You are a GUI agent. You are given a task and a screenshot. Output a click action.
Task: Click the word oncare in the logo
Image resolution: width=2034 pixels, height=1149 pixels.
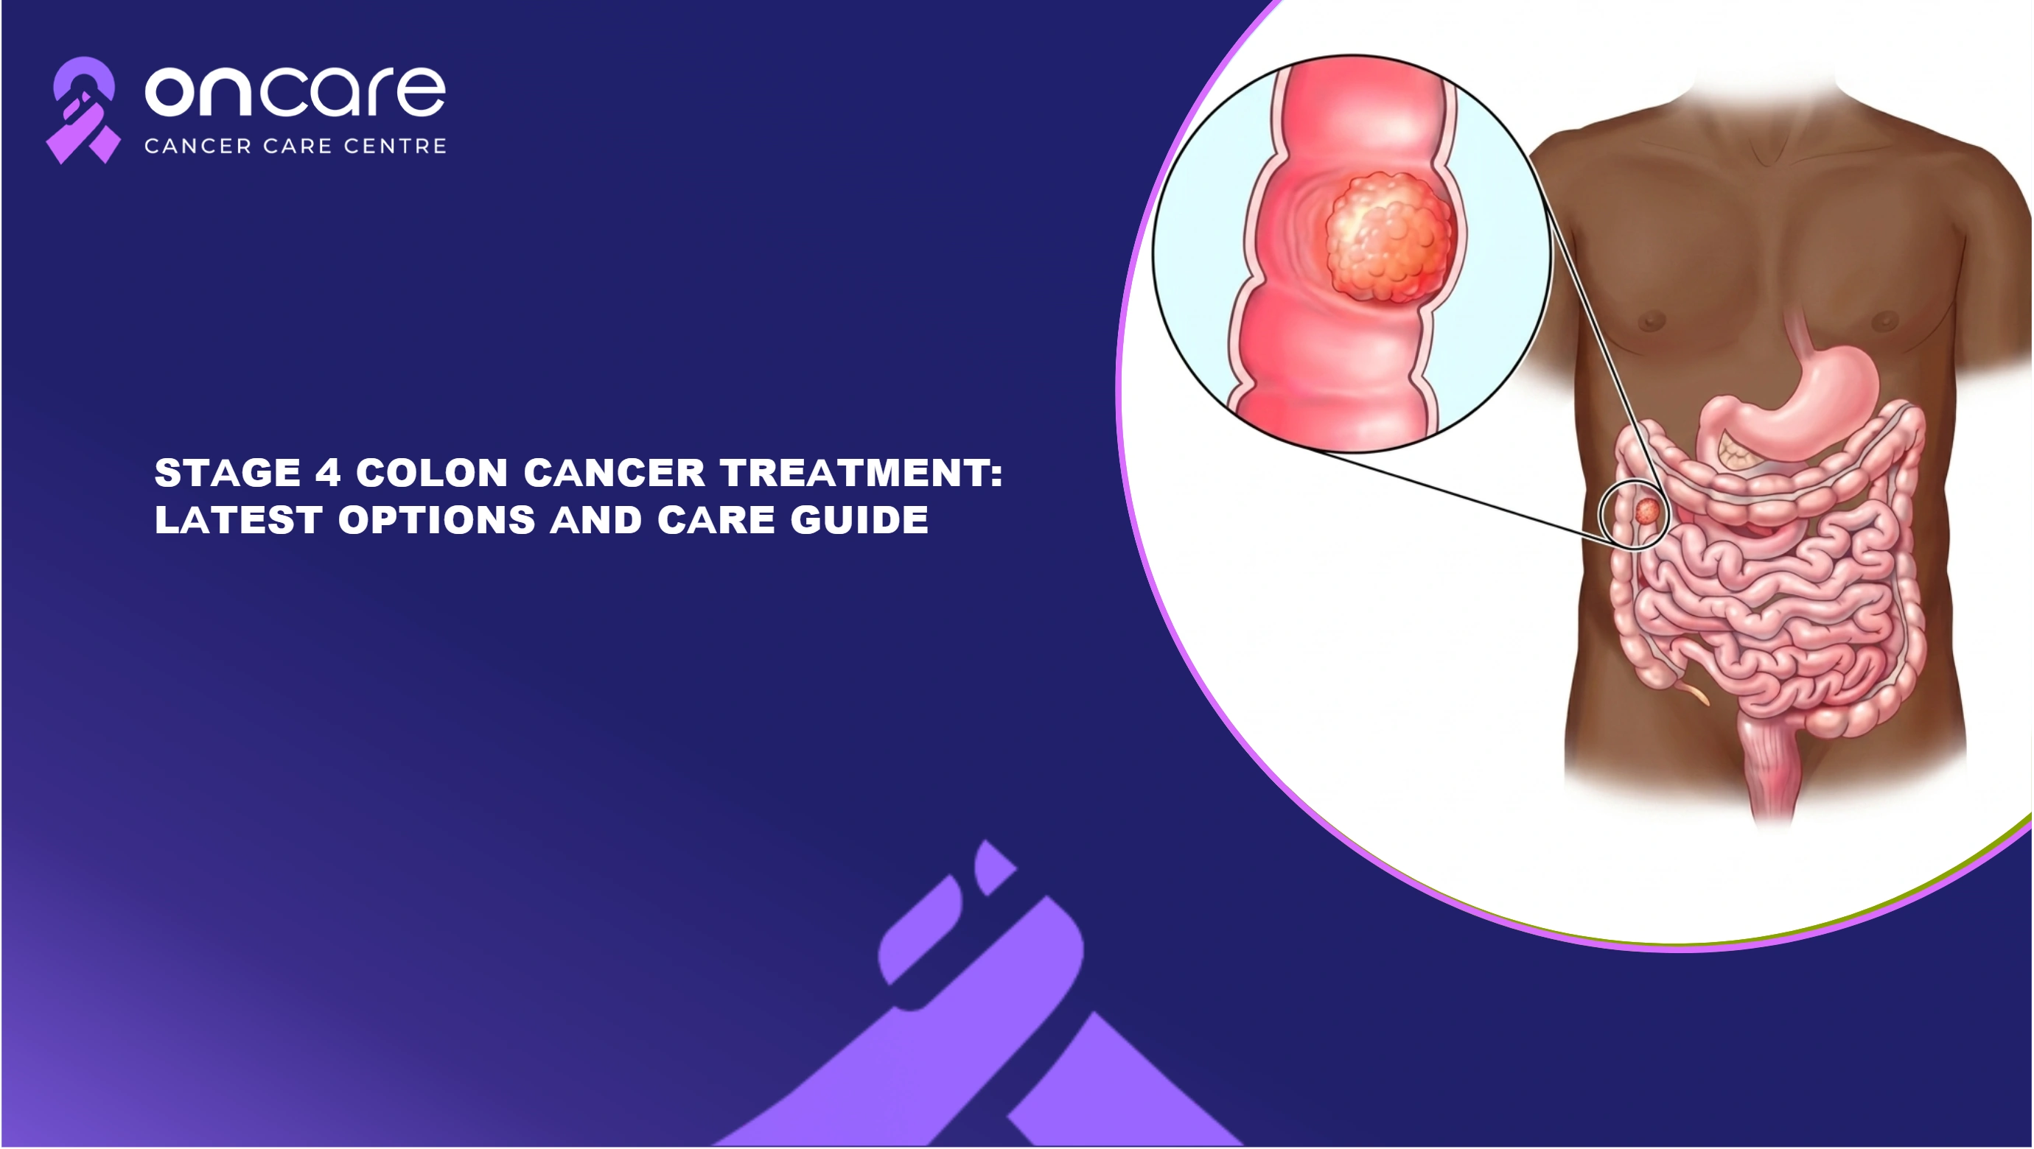click(x=296, y=91)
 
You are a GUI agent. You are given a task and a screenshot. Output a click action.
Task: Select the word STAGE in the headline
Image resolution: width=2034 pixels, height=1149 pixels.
click(x=228, y=474)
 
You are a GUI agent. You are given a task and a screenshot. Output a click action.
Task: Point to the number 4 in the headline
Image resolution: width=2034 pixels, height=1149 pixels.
click(x=329, y=474)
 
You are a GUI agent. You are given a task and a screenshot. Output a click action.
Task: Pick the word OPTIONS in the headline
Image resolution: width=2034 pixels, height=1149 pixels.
click(x=436, y=520)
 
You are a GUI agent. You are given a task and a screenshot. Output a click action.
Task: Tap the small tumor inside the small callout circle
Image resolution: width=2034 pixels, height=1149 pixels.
click(x=1647, y=510)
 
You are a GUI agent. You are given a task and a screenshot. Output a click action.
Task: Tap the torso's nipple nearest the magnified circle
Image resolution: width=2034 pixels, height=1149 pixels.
click(x=1652, y=321)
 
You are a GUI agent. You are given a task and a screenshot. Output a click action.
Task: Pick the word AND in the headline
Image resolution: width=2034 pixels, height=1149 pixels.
click(x=596, y=520)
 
